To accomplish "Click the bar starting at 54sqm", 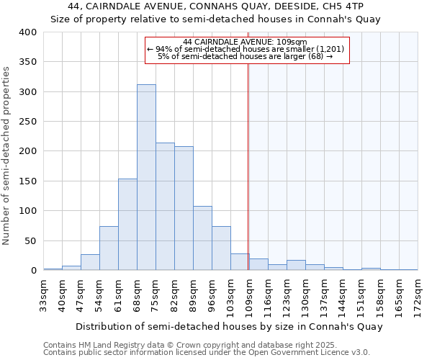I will point(109,248).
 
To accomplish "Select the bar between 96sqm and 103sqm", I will point(221,248).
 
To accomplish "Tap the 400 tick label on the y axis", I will point(27,32).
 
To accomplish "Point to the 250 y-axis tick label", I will point(27,122).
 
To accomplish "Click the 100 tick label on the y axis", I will point(27,211).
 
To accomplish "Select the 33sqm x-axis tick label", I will point(43,293).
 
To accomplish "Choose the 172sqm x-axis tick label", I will point(418,293).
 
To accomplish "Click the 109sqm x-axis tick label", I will point(249,293).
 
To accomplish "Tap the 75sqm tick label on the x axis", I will point(156,293).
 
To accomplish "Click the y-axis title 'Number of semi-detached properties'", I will point(7,155).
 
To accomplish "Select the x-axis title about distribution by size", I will point(229,326).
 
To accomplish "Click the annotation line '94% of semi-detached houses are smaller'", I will point(246,49).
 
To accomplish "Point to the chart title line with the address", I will point(215,6).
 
